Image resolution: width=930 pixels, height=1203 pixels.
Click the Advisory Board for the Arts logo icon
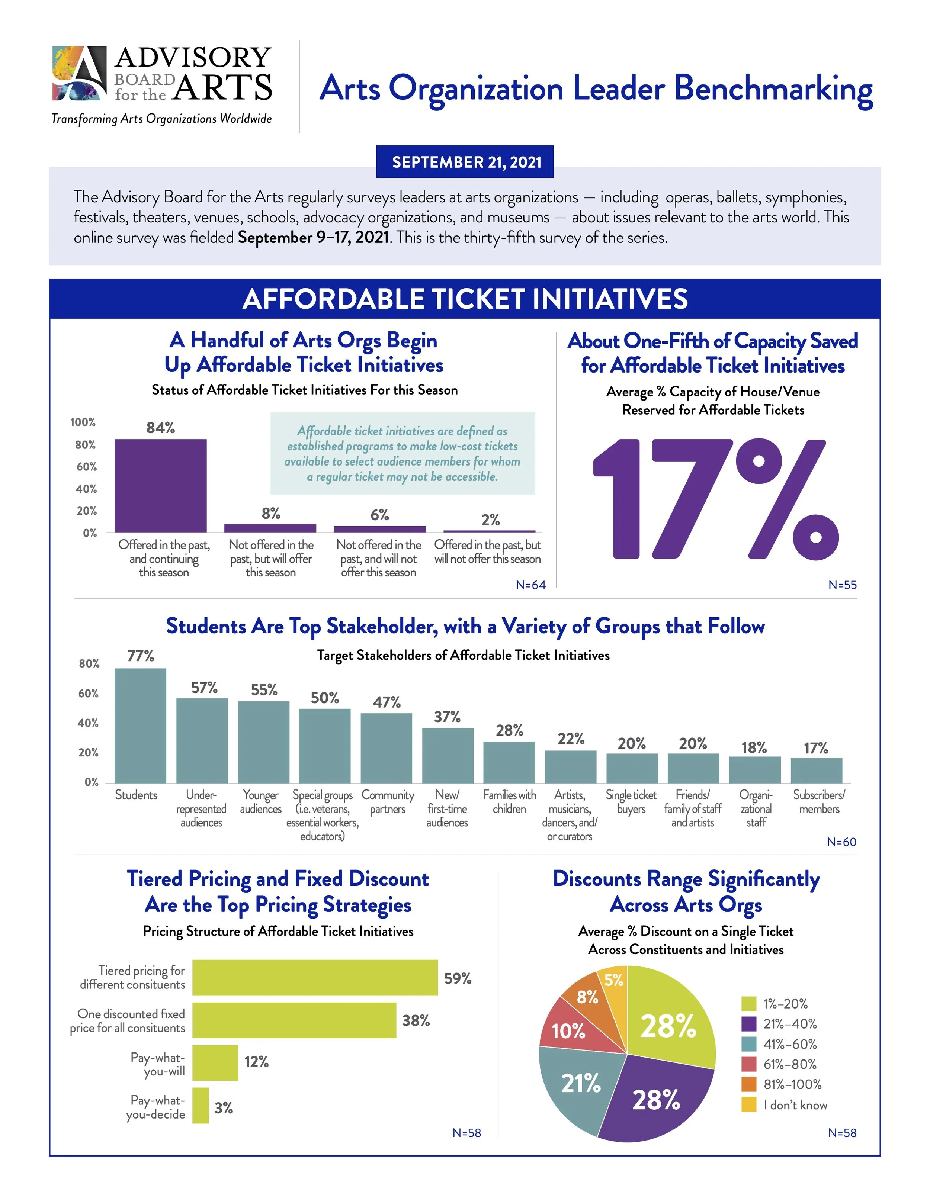point(79,73)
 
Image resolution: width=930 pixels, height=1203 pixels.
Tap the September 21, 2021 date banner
point(465,162)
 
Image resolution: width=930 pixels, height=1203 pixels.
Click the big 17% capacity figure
point(715,499)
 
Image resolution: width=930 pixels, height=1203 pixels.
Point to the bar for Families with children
point(509,762)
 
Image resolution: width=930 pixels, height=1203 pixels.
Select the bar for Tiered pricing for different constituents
point(315,977)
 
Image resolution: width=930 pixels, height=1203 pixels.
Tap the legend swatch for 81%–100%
point(749,1084)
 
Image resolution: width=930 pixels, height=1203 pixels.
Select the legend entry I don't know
point(795,1104)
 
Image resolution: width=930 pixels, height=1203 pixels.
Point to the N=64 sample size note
point(530,585)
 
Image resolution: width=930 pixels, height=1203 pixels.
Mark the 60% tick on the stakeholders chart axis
point(88,694)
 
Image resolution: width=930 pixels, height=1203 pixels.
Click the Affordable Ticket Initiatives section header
point(465,299)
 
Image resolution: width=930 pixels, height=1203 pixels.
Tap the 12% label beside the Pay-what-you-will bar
point(256,1061)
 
